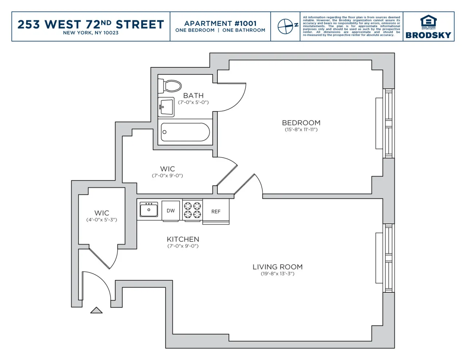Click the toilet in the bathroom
click(x=170, y=86)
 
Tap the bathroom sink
click(x=166, y=107)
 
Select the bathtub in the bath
click(x=185, y=132)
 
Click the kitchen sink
click(x=149, y=210)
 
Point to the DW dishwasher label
click(x=171, y=211)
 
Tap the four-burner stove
click(x=193, y=210)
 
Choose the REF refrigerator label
click(x=216, y=211)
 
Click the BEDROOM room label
click(x=301, y=123)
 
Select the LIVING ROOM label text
click(x=277, y=267)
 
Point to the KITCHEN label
click(x=183, y=239)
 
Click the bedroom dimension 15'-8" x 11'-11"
click(x=301, y=130)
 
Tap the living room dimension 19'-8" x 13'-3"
click(x=277, y=274)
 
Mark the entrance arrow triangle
click(x=96, y=310)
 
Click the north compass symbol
click(x=285, y=26)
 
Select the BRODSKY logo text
click(x=428, y=35)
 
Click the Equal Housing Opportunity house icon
click(x=428, y=21)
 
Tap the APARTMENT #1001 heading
click(x=220, y=23)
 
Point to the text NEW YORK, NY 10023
click(x=91, y=33)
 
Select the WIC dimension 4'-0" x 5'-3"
click(x=102, y=220)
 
